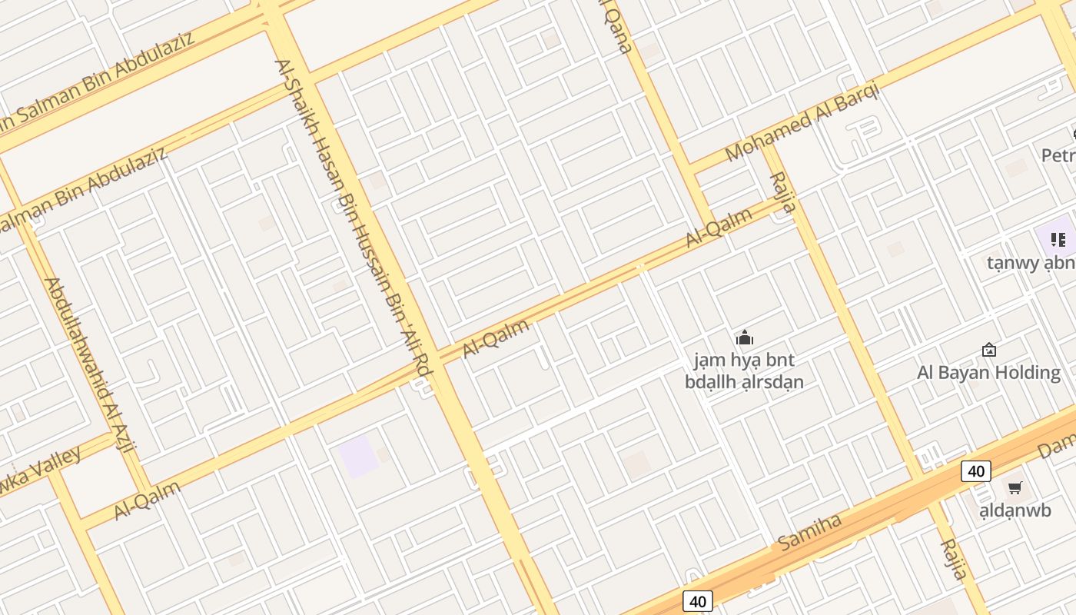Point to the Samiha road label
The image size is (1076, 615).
click(809, 532)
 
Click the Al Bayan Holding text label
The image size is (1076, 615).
click(988, 373)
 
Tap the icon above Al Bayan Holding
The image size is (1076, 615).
click(989, 351)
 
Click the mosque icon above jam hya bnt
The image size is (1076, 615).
click(744, 337)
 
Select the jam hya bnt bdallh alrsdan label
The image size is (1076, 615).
click(744, 371)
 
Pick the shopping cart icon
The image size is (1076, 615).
click(1015, 487)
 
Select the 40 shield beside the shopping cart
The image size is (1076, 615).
click(975, 470)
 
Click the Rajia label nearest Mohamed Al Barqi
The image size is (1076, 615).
click(783, 193)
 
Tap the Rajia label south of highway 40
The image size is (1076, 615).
click(954, 559)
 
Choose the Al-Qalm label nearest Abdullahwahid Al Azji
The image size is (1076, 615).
click(148, 500)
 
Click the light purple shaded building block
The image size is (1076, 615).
click(358, 455)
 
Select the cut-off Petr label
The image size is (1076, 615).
click(1058, 156)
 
